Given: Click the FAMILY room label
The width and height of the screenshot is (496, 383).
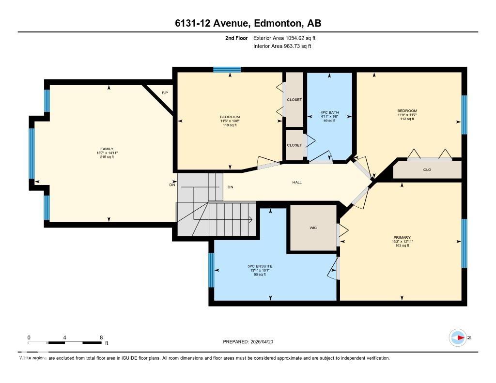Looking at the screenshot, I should pos(107,149).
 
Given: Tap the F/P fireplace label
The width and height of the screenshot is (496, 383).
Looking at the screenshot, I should pos(165,92).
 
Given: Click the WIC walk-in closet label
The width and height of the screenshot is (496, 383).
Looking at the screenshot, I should pos(313,228).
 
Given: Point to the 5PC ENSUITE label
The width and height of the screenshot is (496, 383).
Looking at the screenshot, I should pos(260,266).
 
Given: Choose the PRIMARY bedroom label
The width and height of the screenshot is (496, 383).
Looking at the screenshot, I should pos(402,237).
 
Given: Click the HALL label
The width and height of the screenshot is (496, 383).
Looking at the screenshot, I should pos(297,182).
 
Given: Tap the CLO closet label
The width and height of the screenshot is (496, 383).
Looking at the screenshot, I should pos(427,169).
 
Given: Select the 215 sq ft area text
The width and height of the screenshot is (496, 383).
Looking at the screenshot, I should pos(107,157).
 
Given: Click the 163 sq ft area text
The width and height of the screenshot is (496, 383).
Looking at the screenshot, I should pos(402,245).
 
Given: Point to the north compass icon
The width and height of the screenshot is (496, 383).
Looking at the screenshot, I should pos(458,337).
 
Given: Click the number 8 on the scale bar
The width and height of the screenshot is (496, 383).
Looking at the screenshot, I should pos(101,337).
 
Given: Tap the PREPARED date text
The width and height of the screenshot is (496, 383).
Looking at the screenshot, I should pos(251,341).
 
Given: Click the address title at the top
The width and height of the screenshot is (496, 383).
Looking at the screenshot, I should pos(248,23).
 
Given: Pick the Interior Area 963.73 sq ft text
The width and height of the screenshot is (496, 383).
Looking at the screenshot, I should pos(282,46).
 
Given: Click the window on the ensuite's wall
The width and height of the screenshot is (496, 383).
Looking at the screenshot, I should pos(211,270).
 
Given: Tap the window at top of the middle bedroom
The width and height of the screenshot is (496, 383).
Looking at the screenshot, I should pos(227,70).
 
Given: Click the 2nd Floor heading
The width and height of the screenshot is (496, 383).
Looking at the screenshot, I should pos(236,38).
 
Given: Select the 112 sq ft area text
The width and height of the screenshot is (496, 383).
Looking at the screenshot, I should pos(407,119).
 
